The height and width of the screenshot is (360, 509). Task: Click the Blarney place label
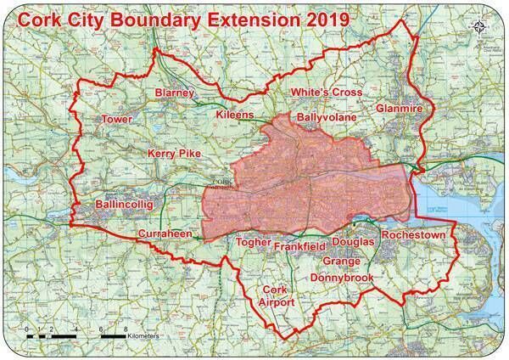176,93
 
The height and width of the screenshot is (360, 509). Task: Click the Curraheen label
166,233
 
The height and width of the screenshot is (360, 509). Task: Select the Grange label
342,262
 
